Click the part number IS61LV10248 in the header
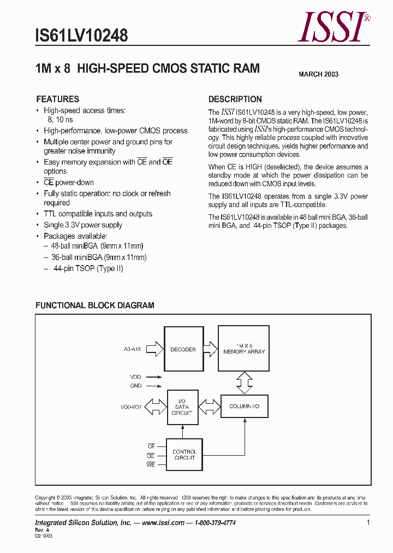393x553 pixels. coord(81,36)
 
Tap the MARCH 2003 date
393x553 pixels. coord(318,74)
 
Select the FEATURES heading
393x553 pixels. coord(57,99)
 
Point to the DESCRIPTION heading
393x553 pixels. coord(235,99)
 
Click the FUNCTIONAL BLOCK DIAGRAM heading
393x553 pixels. coord(94,305)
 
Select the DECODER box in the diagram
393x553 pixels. coord(183,349)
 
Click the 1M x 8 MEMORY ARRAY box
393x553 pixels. coord(244,349)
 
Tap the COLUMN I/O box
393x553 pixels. coord(244,407)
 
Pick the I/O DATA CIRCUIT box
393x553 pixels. coord(182,407)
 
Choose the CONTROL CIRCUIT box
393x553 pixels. coord(184,455)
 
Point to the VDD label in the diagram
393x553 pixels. coord(135,377)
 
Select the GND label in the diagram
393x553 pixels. coord(135,386)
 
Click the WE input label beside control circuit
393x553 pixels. coord(151,464)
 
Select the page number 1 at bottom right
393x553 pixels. coord(368,523)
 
